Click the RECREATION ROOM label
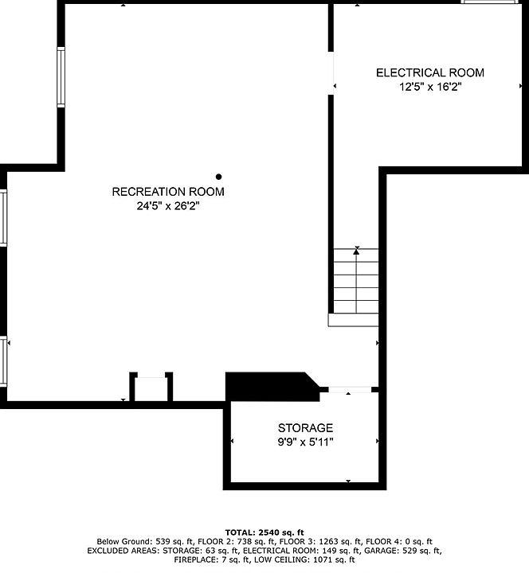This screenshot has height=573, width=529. (x=168, y=192)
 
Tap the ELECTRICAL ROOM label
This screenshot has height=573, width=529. (x=430, y=72)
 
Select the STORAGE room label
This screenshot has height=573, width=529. (x=305, y=428)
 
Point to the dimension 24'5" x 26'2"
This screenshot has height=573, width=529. (x=168, y=206)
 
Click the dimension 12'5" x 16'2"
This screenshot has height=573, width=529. (x=430, y=87)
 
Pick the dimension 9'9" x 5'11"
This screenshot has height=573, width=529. (x=305, y=442)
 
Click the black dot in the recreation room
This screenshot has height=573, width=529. (x=219, y=177)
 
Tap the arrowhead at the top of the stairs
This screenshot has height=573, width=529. (x=356, y=251)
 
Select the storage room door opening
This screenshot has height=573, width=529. (x=350, y=389)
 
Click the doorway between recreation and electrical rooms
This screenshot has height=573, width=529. (x=331, y=73)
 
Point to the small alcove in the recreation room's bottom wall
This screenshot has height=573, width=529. (x=151, y=389)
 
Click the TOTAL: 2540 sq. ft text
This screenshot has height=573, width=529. (x=264, y=532)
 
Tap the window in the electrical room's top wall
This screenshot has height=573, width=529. (x=490, y=2)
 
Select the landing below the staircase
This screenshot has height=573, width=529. (x=353, y=320)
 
